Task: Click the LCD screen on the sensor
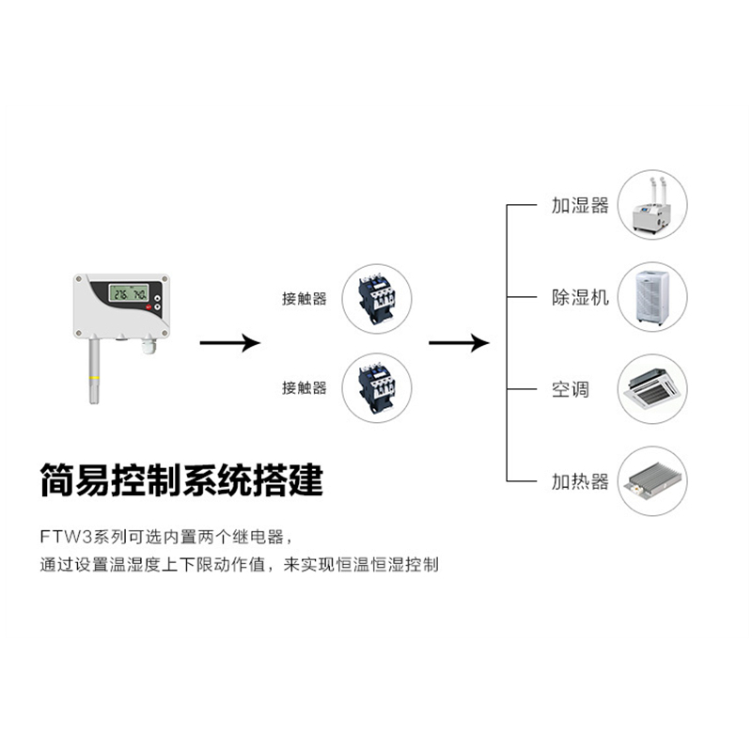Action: point(129,293)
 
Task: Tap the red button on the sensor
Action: point(149,307)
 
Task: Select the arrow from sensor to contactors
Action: point(229,342)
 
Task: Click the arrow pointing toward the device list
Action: point(459,342)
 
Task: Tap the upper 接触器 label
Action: point(304,299)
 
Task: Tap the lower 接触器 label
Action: point(304,387)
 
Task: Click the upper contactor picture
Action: point(377,298)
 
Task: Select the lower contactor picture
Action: point(377,388)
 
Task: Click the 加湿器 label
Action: point(580,205)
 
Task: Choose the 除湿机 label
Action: point(580,297)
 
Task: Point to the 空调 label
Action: point(570,389)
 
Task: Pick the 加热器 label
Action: point(580,481)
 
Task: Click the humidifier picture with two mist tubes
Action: point(652,205)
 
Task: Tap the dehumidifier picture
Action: point(652,297)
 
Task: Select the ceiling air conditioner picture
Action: point(652,389)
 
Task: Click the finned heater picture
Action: point(652,481)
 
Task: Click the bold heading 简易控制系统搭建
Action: point(181,479)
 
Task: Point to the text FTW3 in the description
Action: point(66,537)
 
